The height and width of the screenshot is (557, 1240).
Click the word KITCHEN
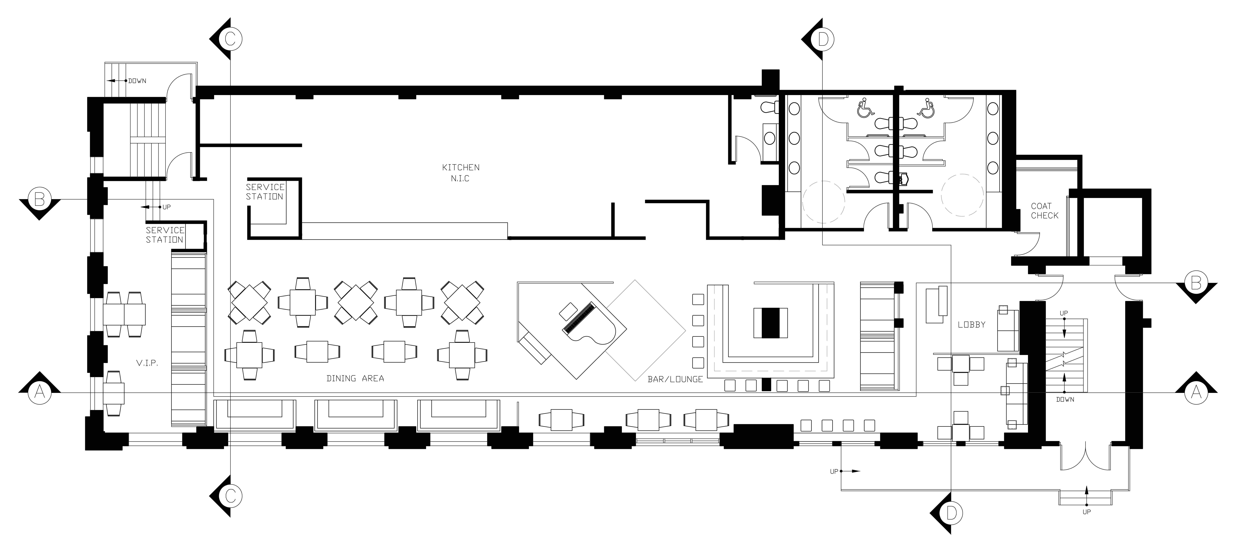click(x=461, y=167)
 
